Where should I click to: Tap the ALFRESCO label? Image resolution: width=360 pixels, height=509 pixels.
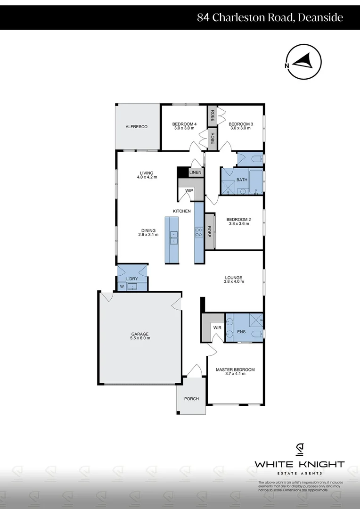(137, 127)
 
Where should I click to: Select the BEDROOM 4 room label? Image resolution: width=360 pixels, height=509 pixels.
(185, 124)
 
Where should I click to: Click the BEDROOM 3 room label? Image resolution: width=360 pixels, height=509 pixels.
(241, 124)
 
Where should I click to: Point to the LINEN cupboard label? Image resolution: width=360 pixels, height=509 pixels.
(195, 172)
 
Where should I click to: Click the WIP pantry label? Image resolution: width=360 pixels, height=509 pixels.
(189, 190)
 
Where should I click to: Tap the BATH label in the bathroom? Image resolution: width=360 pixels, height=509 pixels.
(242, 180)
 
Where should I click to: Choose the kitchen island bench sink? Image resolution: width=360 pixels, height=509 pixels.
(174, 238)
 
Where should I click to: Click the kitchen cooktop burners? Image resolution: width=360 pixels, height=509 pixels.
(199, 231)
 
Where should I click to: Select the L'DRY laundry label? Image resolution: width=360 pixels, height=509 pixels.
(132, 279)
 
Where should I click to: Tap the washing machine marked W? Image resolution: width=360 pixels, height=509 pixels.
(122, 286)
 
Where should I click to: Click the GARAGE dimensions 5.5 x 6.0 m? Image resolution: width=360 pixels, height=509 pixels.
(139, 338)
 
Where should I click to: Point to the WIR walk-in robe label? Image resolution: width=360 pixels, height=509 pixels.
(217, 327)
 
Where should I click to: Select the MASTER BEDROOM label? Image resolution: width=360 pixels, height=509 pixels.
(235, 369)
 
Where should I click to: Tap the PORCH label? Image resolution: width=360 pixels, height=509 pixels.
(191, 399)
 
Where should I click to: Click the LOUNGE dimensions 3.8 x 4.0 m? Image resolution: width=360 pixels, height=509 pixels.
(234, 282)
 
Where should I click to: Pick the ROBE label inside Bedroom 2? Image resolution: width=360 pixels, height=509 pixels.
(209, 231)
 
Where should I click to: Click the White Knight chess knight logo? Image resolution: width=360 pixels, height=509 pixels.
(299, 450)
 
